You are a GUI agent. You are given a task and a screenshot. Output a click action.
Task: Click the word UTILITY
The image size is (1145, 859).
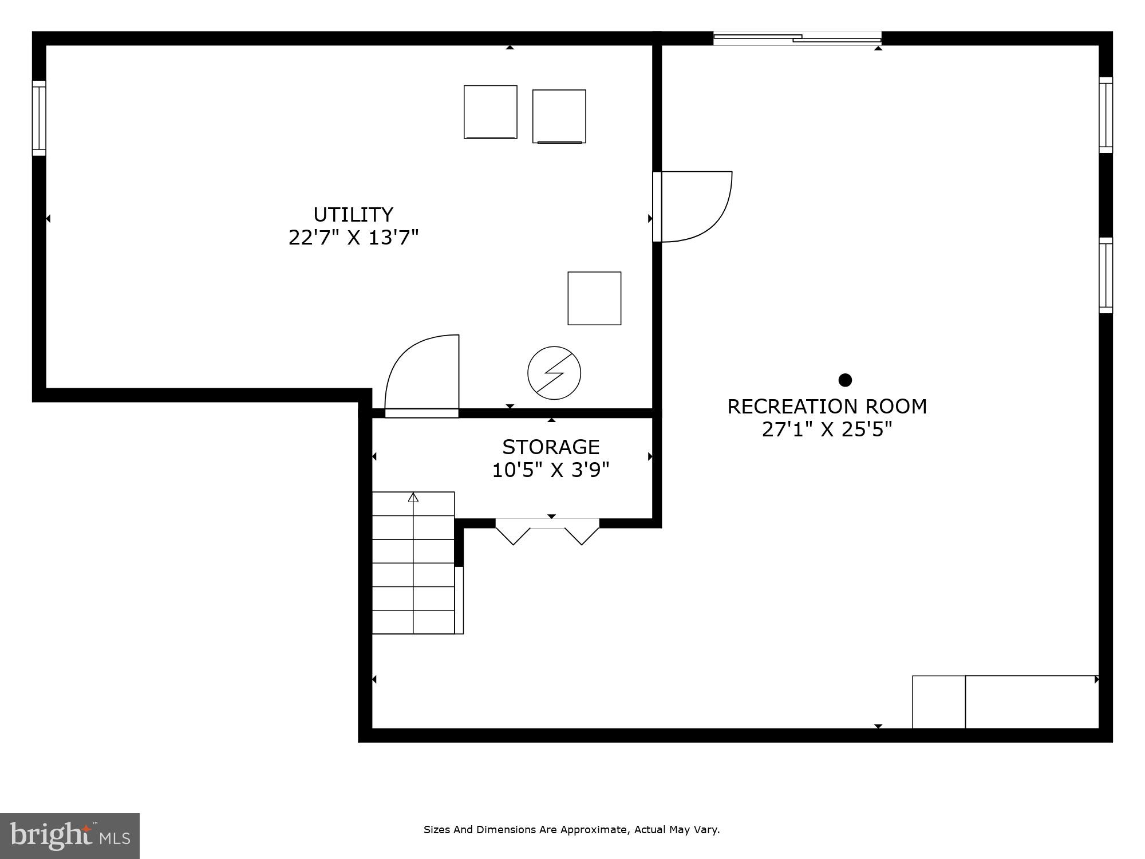[353, 215]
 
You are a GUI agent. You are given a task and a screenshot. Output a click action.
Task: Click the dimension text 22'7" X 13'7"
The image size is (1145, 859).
[353, 237]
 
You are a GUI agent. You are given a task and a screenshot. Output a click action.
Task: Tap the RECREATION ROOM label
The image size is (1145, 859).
[827, 407]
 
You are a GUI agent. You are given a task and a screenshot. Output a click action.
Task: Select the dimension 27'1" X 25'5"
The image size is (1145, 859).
[827, 429]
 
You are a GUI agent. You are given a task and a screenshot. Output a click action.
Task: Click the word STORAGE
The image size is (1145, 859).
[551, 447]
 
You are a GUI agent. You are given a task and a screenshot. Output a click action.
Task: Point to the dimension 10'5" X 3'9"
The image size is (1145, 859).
[551, 470]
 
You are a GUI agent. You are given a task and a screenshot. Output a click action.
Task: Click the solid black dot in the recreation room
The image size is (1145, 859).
[845, 380]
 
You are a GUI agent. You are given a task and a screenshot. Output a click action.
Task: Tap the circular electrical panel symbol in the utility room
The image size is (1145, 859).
[554, 373]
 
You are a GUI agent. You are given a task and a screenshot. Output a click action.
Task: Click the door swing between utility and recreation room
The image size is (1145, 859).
[696, 206]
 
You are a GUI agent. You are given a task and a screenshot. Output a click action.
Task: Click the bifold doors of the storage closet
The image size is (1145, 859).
[547, 530]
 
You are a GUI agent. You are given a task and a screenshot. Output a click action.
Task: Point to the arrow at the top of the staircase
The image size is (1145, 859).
[413, 497]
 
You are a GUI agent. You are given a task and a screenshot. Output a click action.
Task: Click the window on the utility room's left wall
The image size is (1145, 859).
[39, 118]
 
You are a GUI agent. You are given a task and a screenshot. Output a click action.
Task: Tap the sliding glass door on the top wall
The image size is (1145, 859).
[797, 38]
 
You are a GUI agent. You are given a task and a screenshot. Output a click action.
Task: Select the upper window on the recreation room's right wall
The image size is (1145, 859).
[1105, 115]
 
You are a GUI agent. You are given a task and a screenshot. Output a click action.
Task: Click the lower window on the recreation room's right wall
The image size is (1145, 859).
[1105, 275]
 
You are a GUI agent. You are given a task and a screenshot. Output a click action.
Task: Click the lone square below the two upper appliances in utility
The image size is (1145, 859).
[594, 298]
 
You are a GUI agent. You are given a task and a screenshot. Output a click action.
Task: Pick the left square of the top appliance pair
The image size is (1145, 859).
[491, 112]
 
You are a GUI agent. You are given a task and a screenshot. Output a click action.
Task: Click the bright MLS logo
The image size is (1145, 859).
[70, 836]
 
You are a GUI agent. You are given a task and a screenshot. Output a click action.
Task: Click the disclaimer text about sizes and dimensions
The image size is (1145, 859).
[571, 829]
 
